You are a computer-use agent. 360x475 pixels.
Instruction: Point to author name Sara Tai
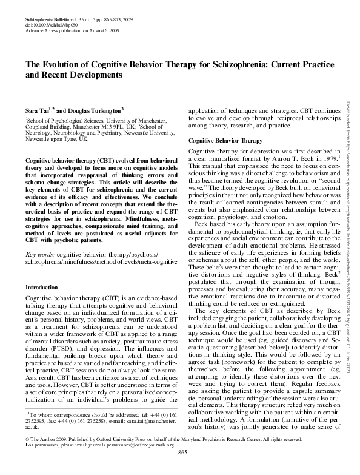(x=36, y=111)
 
